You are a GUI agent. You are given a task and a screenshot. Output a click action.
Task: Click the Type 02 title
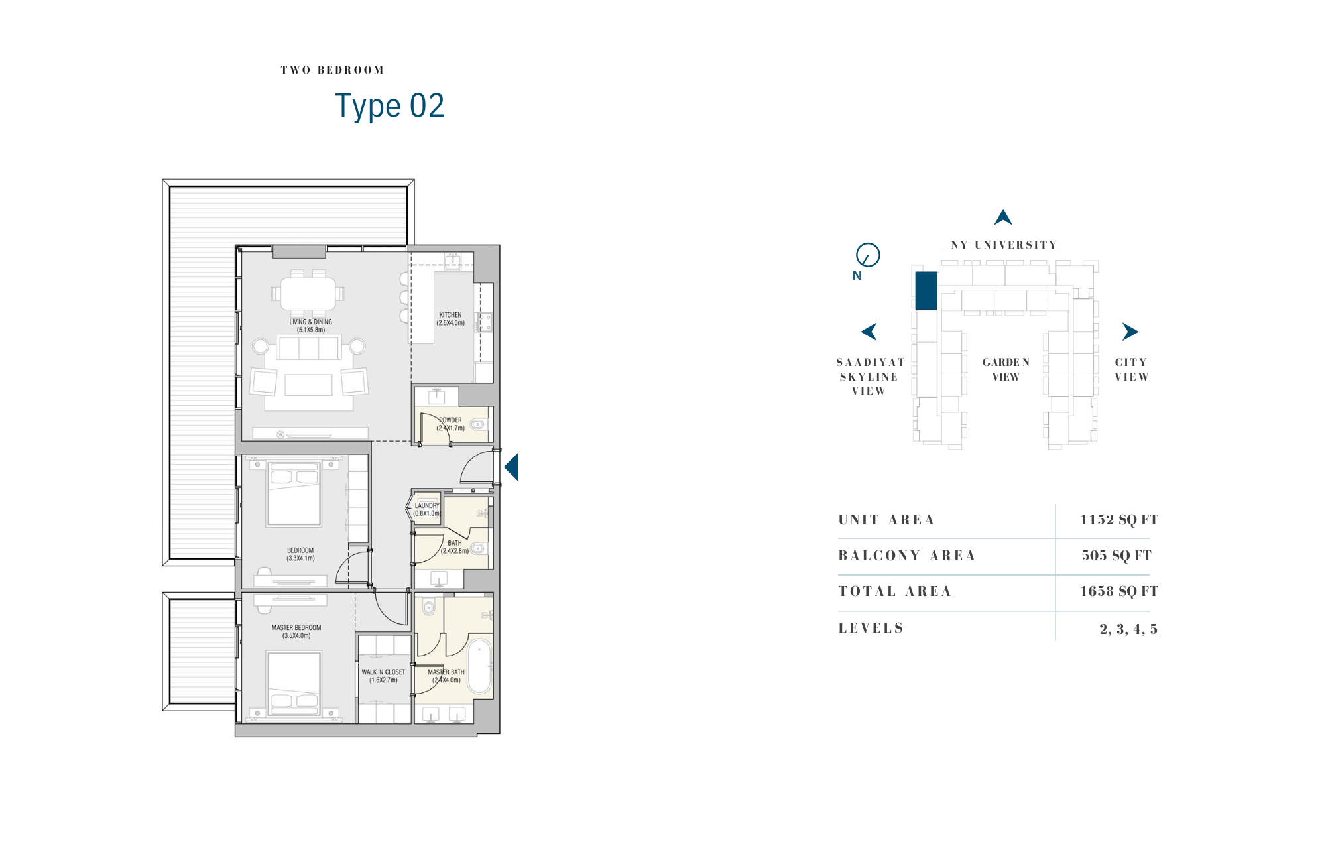(x=389, y=106)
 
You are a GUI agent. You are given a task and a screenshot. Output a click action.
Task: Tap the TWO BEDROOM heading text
(x=332, y=70)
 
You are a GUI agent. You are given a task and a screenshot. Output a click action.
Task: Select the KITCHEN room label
(x=450, y=315)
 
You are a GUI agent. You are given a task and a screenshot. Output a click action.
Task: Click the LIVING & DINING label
(x=310, y=322)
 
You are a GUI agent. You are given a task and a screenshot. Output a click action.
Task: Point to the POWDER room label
(x=450, y=420)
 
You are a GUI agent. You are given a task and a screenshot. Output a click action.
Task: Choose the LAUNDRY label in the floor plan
(x=427, y=505)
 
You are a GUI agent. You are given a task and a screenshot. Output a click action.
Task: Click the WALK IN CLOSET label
(x=383, y=672)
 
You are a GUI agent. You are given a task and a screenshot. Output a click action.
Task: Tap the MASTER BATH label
(x=446, y=672)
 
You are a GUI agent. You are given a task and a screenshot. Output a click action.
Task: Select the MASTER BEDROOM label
(x=296, y=627)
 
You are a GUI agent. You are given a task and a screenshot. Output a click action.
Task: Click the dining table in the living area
(x=308, y=293)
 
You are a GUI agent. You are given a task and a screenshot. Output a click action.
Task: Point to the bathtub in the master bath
(x=480, y=666)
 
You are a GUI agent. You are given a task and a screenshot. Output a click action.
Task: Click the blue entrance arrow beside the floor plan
(x=511, y=467)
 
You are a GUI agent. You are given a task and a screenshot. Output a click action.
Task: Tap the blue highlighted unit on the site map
(x=926, y=290)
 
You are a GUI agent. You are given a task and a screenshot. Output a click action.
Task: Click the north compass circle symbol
(x=868, y=255)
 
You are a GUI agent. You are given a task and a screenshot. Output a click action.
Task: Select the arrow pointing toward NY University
(x=1003, y=217)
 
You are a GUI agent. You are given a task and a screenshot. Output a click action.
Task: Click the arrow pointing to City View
(x=1130, y=332)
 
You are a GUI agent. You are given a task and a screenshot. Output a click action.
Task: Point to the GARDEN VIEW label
(x=1006, y=369)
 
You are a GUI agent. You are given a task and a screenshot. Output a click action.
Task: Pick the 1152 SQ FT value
(x=1119, y=520)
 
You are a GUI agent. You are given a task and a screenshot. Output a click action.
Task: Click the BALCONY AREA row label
(x=907, y=556)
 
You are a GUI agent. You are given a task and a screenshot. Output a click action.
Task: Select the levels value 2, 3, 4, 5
(x=1128, y=629)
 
